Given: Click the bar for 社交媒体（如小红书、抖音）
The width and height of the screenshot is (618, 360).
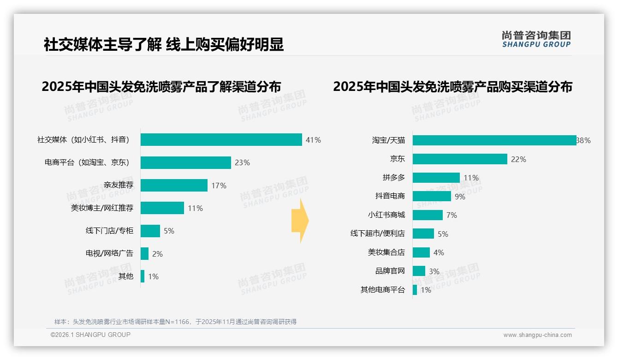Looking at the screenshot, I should (x=221, y=140).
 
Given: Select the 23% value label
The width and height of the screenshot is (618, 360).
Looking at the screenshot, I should (x=242, y=162).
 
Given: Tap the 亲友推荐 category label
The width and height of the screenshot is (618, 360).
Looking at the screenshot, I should (x=118, y=185).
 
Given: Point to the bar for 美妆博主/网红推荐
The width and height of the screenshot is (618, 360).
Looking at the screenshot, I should (x=162, y=208).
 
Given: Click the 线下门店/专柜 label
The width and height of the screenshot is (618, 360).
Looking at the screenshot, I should (x=109, y=231).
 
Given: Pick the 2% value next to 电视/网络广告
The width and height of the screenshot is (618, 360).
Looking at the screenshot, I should (x=157, y=254).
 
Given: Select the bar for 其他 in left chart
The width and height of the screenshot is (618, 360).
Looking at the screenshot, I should (x=143, y=276).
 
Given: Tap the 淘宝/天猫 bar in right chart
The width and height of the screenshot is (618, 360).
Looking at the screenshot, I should (x=494, y=140).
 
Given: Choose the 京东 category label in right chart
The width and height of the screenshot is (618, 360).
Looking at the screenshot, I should (x=397, y=159).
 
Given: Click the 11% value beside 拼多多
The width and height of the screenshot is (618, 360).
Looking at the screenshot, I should (x=471, y=178).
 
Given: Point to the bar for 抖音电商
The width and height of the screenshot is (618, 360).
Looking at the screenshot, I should (x=432, y=196).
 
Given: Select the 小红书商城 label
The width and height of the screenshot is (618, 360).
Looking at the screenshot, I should (x=386, y=215).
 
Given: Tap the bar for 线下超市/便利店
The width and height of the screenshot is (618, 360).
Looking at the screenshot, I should (x=423, y=234).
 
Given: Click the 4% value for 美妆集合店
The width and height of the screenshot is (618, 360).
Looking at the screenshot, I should (x=439, y=252).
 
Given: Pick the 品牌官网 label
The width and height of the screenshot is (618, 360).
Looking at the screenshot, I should (x=390, y=271).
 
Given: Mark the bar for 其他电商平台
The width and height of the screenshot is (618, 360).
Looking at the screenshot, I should (x=415, y=290).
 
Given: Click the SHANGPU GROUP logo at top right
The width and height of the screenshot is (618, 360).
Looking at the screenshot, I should (x=536, y=39).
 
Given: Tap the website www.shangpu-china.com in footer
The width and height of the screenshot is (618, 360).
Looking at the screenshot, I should (x=537, y=335).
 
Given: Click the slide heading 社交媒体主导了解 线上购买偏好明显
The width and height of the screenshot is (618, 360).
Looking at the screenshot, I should (x=164, y=44).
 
